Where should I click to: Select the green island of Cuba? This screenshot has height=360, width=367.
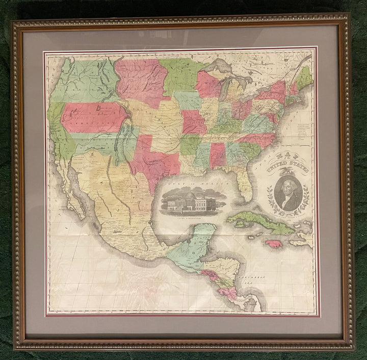pyautogui.click(x=260, y=222)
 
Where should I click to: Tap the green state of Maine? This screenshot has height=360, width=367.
pyautogui.click(x=305, y=78)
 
